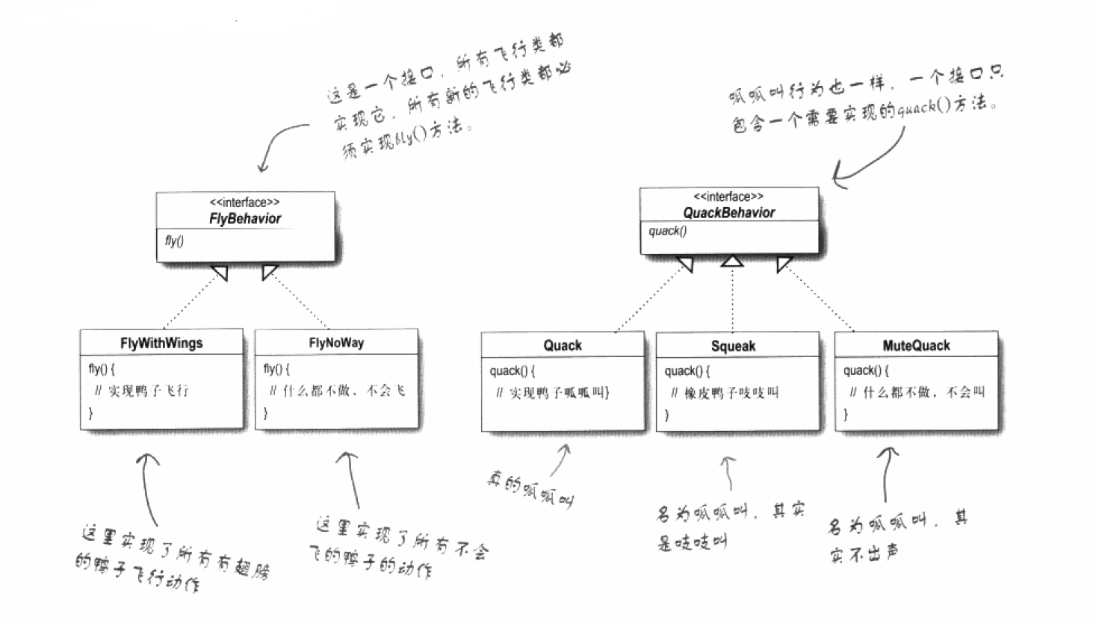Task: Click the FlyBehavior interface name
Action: (x=245, y=219)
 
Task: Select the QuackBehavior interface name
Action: (x=728, y=213)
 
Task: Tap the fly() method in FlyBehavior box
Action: (x=174, y=241)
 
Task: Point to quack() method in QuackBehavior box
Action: (x=667, y=231)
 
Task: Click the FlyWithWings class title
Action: (x=161, y=343)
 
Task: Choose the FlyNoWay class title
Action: (x=336, y=343)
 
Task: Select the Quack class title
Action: (x=563, y=345)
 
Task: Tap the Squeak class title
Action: (x=733, y=346)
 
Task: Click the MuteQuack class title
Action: (x=916, y=346)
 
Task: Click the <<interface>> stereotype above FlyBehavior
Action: (x=245, y=202)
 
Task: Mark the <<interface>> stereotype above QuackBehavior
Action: (x=728, y=196)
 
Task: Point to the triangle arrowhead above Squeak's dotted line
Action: (x=732, y=261)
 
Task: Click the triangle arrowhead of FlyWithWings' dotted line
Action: (x=220, y=273)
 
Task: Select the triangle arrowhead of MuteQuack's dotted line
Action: (x=784, y=264)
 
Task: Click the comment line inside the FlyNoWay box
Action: (x=336, y=391)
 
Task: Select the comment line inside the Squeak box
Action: (x=724, y=393)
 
